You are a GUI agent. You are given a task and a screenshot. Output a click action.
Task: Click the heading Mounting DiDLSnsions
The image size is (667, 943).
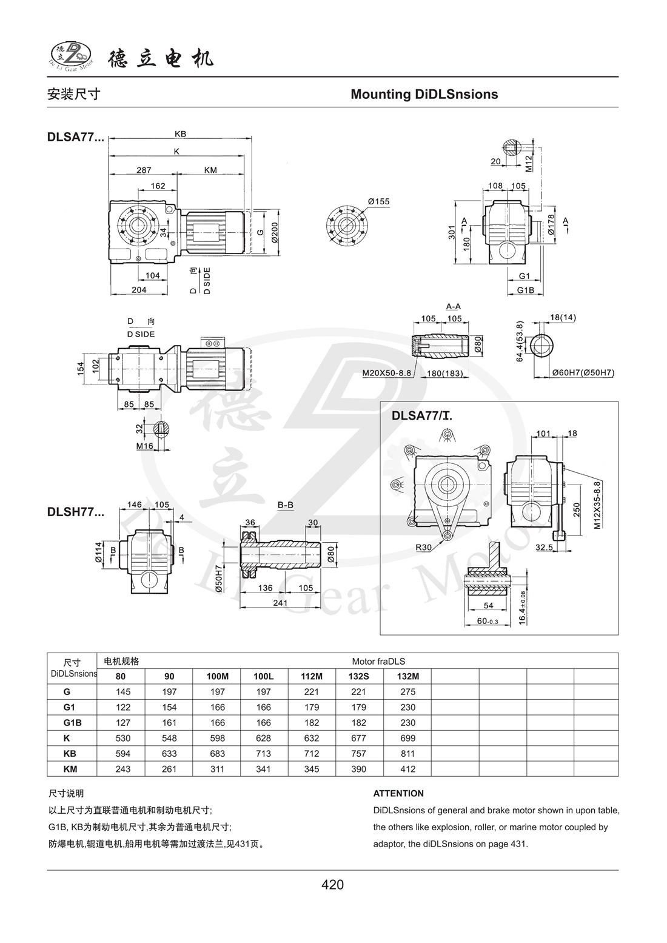pos(424,95)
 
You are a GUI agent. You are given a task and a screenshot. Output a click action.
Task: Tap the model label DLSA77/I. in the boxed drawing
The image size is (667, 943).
pos(423,416)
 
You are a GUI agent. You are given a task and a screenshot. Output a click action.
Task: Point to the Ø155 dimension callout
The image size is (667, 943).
pos(378,201)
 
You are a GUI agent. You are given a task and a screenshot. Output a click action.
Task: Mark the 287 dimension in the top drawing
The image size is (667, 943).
pos(144,170)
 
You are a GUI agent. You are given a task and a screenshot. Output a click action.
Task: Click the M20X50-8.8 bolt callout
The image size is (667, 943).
pos(387,373)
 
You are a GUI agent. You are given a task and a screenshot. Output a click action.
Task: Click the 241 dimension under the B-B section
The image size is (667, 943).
pos(280,602)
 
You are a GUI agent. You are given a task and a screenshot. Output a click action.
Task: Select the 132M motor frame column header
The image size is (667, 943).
pos(407,676)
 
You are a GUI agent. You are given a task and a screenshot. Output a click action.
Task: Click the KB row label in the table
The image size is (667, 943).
pos(67,753)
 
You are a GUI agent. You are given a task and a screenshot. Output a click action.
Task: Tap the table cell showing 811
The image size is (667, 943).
pos(408,753)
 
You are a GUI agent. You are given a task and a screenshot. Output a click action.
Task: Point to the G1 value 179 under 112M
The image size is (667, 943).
pos(312,707)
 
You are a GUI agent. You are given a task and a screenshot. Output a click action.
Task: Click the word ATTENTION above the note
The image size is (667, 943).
pos(398,793)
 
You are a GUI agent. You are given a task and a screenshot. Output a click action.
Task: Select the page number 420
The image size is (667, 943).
pos(333,885)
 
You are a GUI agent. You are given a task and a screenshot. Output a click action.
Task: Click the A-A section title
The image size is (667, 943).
pos(454,307)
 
